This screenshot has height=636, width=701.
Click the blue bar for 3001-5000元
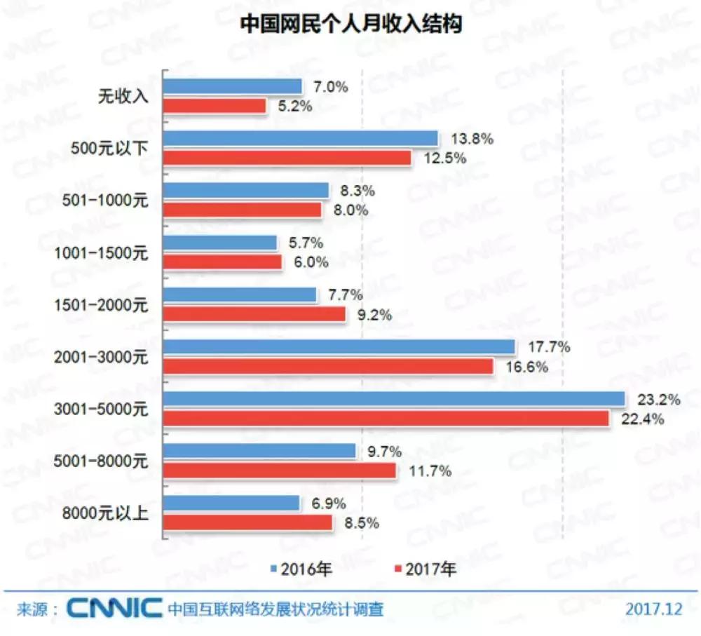[394, 399]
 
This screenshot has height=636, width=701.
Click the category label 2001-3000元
[102, 357]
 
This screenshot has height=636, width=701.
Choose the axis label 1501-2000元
[102, 305]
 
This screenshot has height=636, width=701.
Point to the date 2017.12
[653, 609]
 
